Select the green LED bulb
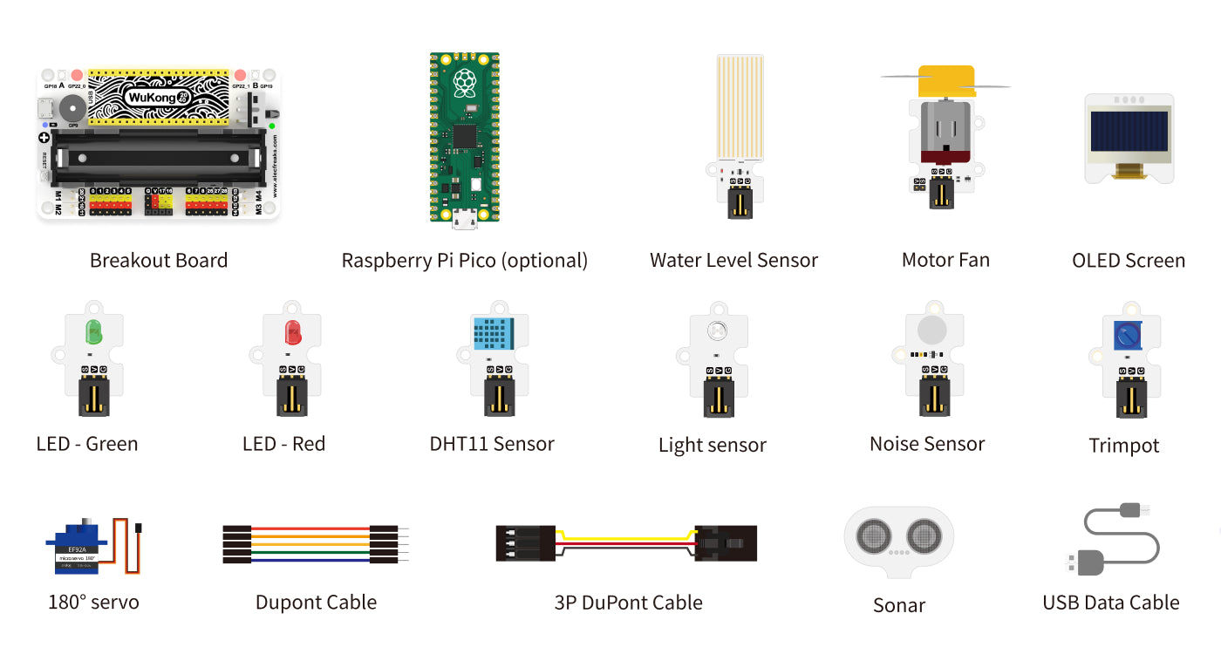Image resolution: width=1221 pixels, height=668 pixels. pyautogui.click(x=92, y=331)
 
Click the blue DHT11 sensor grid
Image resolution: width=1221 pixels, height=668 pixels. pyautogui.click(x=494, y=334)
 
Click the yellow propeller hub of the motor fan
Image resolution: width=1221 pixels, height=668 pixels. pyautogui.click(x=945, y=81)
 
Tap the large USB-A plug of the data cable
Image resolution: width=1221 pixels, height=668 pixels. pyautogui.click(x=1083, y=562)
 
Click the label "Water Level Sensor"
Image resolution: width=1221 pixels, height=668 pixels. pyautogui.click(x=733, y=260)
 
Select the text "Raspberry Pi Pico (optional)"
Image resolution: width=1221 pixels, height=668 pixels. pyautogui.click(x=464, y=260)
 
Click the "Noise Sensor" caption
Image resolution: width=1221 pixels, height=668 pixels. pyautogui.click(x=926, y=444)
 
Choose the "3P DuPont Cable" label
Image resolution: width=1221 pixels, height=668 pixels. pyautogui.click(x=628, y=602)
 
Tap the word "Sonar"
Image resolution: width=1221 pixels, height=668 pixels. pyautogui.click(x=898, y=605)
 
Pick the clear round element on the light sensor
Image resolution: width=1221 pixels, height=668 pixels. pyautogui.click(x=717, y=331)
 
